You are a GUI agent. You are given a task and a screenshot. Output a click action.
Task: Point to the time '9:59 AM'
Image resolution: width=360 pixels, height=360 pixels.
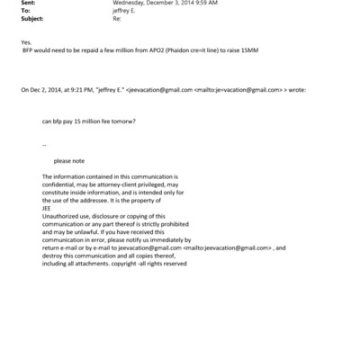(197, 4)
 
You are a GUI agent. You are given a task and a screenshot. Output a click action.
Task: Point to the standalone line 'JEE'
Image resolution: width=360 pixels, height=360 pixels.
(48, 208)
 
